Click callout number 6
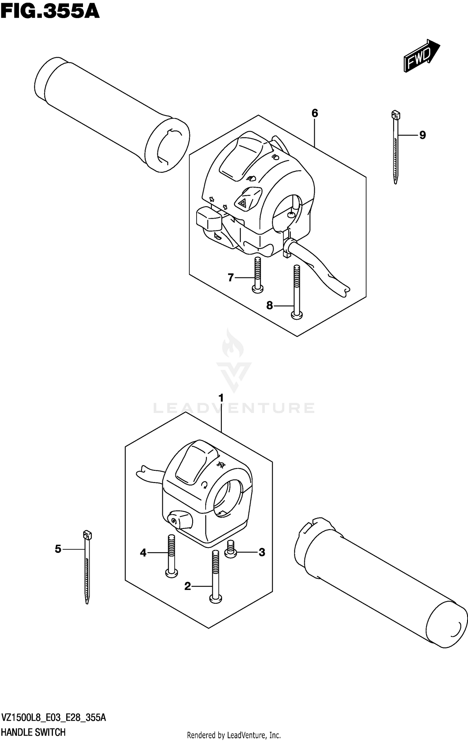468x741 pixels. (x=314, y=113)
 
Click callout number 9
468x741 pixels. (x=422, y=135)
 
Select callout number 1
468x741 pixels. (x=221, y=398)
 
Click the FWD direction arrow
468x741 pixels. (x=421, y=56)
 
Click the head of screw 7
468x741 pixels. (x=257, y=289)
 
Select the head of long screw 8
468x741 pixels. (x=297, y=315)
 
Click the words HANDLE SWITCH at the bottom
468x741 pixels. (x=33, y=732)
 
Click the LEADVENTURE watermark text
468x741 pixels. (x=234, y=408)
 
